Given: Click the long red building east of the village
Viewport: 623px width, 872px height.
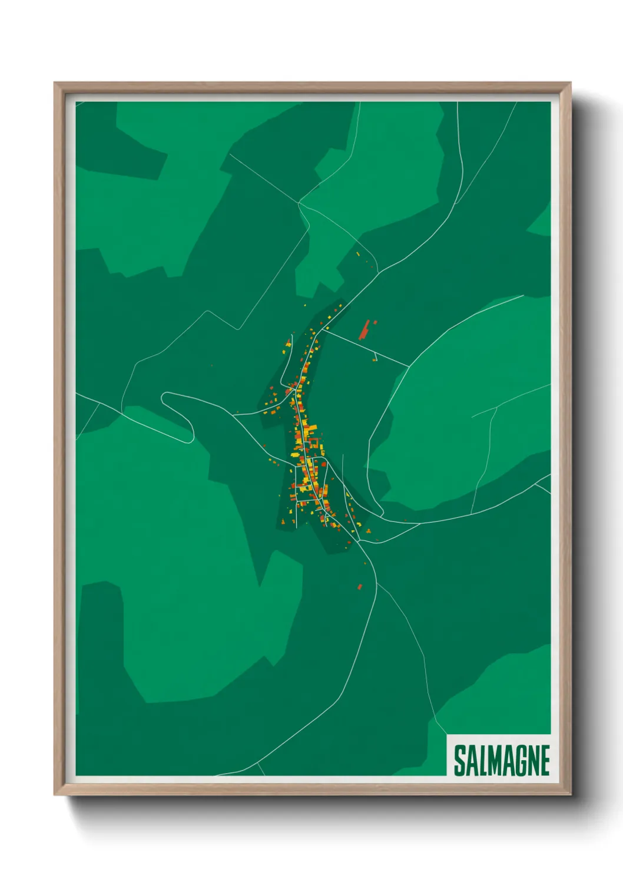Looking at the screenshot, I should click(x=365, y=331).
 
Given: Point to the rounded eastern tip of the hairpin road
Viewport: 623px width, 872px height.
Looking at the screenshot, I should click(x=190, y=437).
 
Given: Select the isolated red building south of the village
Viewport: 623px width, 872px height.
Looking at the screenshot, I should click(x=360, y=586).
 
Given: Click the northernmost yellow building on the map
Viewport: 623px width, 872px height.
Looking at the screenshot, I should click(x=357, y=254).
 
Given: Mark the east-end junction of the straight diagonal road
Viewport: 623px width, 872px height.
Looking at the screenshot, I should click(x=409, y=366).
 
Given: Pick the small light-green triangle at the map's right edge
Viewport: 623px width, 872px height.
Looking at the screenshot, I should click(x=541, y=224).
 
